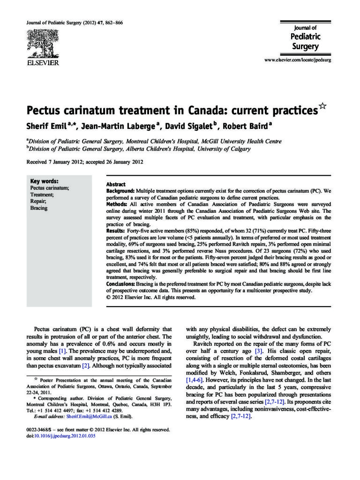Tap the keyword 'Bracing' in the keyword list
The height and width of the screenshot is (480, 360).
click(x=39, y=208)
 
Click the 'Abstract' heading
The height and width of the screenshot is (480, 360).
click(x=116, y=185)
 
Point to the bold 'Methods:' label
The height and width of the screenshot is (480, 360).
click(x=117, y=205)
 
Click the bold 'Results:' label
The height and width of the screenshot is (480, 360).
click(x=116, y=232)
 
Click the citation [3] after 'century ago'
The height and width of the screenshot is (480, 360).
click(x=258, y=351)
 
